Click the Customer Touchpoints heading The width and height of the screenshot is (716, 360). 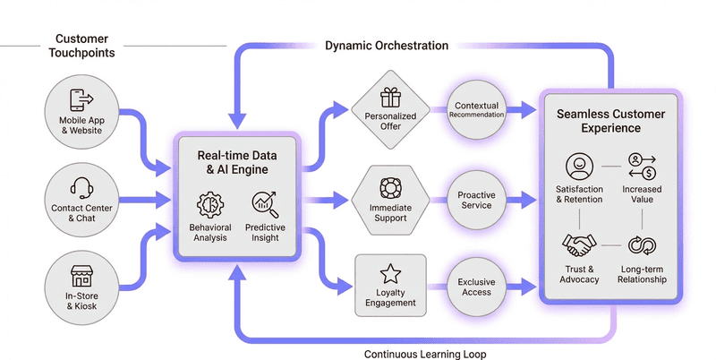coord(82,46)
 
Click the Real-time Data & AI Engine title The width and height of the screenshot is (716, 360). coord(237,162)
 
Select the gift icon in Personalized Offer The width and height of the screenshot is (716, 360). coord(389,96)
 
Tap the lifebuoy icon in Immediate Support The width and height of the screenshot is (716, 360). coord(389,188)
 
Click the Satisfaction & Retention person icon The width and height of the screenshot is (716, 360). coord(578,167)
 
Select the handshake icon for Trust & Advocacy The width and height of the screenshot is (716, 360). coord(578,244)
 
